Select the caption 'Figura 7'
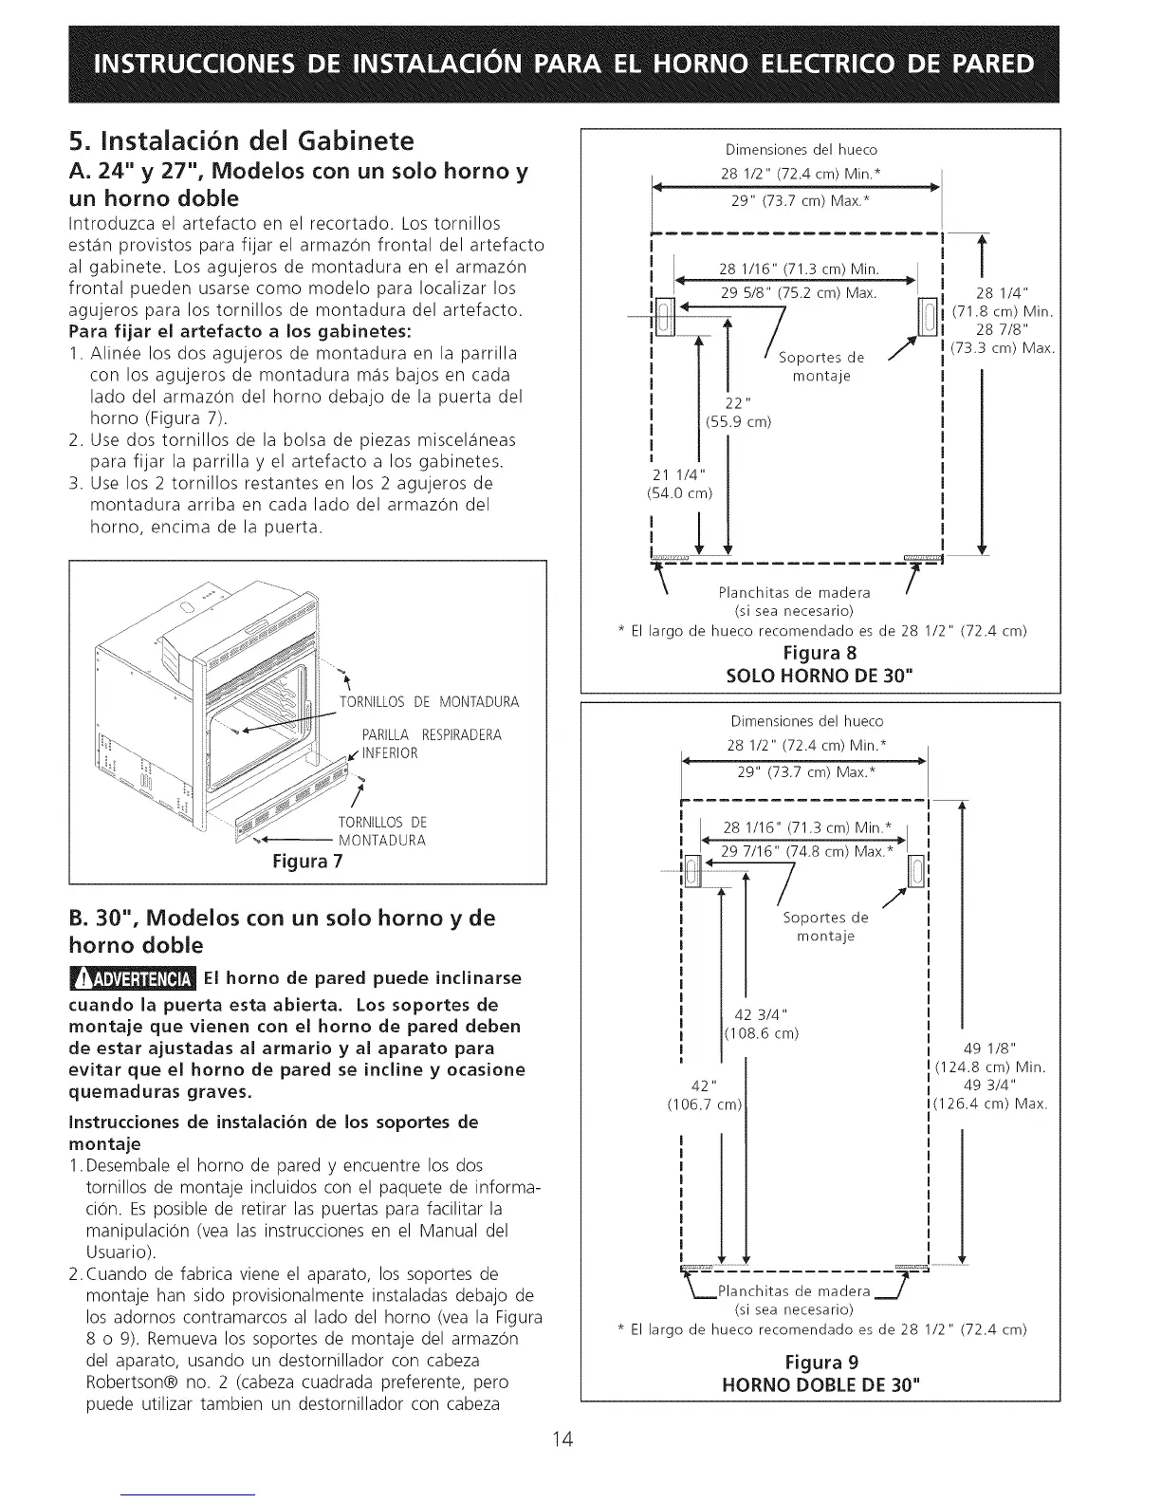point(307,863)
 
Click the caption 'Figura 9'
point(820,1364)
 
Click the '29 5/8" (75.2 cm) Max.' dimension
point(798,292)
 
